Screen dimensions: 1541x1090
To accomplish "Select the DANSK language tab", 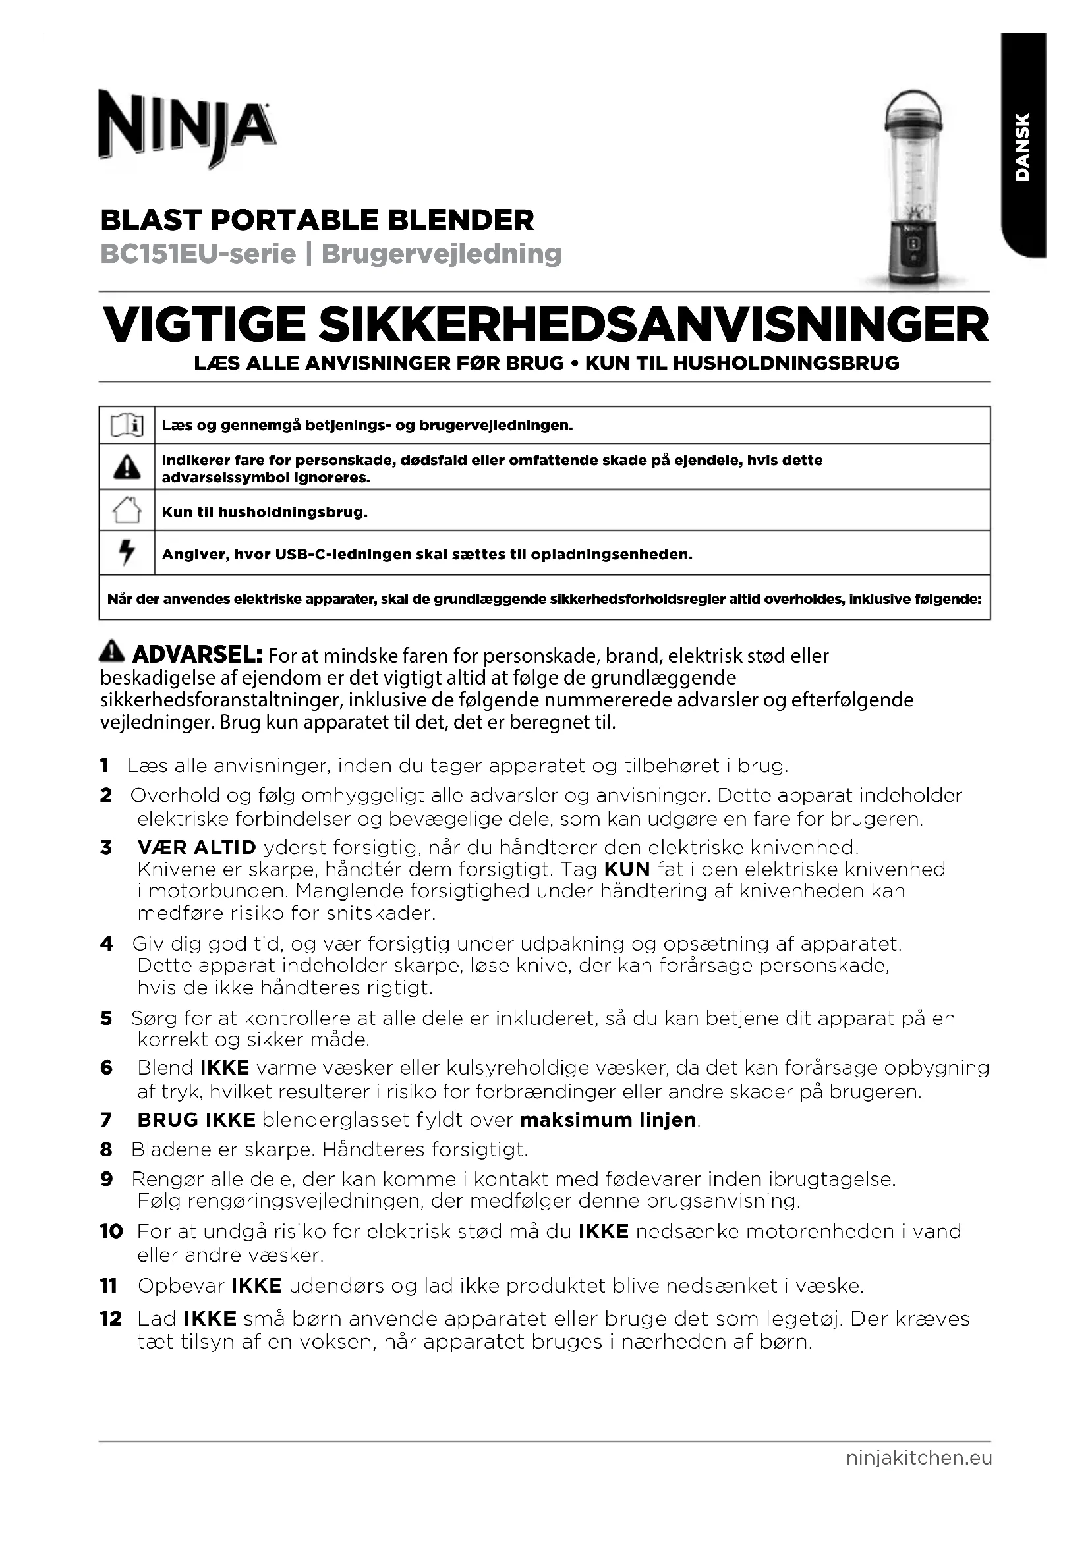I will click(1021, 146).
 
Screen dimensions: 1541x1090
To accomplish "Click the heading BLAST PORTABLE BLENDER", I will click(317, 220).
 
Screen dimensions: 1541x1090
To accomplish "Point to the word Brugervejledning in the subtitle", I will click(441, 254).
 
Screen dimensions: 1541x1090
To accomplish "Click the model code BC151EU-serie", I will click(198, 254).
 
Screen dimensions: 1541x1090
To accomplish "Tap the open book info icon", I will click(127, 426).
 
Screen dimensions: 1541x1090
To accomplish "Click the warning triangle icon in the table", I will click(127, 467).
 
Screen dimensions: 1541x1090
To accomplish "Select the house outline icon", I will click(127, 510).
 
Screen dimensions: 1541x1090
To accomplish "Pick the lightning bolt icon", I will click(127, 552).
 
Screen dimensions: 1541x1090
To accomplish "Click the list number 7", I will click(106, 1120).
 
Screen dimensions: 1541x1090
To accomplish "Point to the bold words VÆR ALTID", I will click(196, 848).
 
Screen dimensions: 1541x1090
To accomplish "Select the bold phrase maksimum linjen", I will click(608, 1120).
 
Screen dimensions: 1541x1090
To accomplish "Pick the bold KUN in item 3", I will click(627, 870).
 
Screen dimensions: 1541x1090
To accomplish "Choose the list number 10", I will click(111, 1231).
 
